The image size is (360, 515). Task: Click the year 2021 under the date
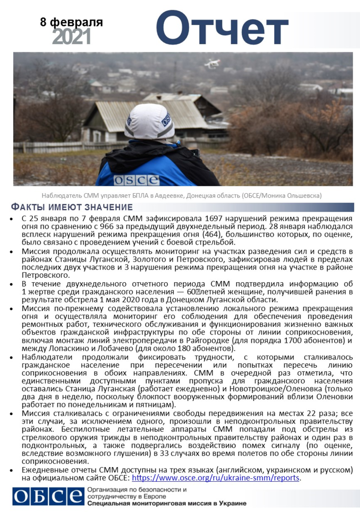coord(71,37)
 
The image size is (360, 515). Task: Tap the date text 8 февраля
coord(71,22)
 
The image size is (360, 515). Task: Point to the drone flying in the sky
coord(212,64)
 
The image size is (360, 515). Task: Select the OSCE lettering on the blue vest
coord(136,179)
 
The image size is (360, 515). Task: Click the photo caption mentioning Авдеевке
coord(181,196)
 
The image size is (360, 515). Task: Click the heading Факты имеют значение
coord(72,207)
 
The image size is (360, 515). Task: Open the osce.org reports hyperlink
coord(215,478)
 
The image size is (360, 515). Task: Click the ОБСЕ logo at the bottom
coord(48,496)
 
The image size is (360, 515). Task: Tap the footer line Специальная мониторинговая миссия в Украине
coord(167,503)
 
